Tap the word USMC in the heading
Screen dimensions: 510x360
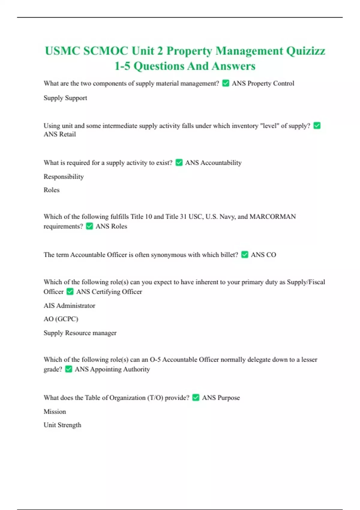[x=62, y=51]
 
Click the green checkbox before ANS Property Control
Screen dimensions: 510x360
[x=226, y=83]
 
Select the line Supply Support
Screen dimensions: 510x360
[x=65, y=98]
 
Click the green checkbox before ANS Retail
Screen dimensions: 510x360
[x=317, y=125]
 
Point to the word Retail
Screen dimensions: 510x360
[x=68, y=134]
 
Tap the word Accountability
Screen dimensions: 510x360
[x=221, y=163]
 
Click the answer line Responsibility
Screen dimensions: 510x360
[x=64, y=176]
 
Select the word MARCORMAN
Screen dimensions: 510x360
[x=273, y=217]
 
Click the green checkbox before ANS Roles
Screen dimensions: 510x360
[x=89, y=226]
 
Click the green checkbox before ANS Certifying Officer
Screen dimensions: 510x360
[x=70, y=291]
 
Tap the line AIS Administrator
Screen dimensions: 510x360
[x=69, y=305]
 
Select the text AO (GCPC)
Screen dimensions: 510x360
[x=61, y=319]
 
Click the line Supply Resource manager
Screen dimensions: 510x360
[x=80, y=333]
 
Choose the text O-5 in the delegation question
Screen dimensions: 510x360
[x=155, y=359]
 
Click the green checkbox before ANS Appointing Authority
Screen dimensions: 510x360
[x=68, y=369]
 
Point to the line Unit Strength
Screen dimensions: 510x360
[x=62, y=425]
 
